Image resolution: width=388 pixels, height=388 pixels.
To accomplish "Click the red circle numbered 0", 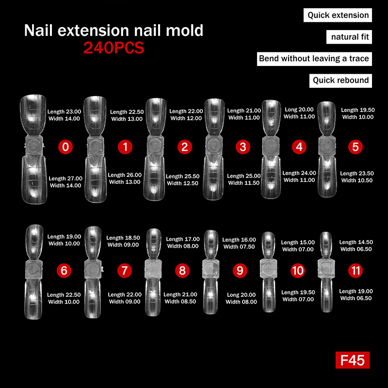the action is point(65,147).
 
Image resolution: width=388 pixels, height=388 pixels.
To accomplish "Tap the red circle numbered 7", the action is point(125,271).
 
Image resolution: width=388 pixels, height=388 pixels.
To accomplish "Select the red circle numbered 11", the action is point(356,271).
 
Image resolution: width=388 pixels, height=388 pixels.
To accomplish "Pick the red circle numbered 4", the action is point(299,147).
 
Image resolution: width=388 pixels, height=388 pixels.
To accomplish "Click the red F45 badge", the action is point(353,360).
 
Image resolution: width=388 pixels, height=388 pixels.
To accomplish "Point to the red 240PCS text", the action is point(113,48).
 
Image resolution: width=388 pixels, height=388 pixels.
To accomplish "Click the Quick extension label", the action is point(338,15).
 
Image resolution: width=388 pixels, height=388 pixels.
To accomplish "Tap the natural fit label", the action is point(349,37).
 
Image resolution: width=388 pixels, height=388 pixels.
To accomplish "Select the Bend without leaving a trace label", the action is point(314,59).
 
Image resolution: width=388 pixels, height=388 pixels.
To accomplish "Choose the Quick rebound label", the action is point(340,81).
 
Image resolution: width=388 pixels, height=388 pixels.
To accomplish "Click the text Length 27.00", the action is point(65,178).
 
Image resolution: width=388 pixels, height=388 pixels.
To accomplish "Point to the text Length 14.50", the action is point(356,242).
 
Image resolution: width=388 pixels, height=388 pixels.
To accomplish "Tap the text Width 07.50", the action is point(239,246).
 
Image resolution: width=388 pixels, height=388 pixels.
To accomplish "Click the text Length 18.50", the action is point(123,238).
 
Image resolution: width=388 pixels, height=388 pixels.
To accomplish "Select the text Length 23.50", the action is point(357,174).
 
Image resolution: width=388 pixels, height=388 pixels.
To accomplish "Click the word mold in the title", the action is point(185,31).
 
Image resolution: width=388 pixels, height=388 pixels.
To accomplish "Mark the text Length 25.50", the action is point(183,176).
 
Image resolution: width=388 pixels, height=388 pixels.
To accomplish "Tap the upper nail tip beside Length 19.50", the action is point(326,118).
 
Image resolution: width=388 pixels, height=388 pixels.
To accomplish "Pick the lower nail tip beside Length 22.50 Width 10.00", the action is point(33,299).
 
